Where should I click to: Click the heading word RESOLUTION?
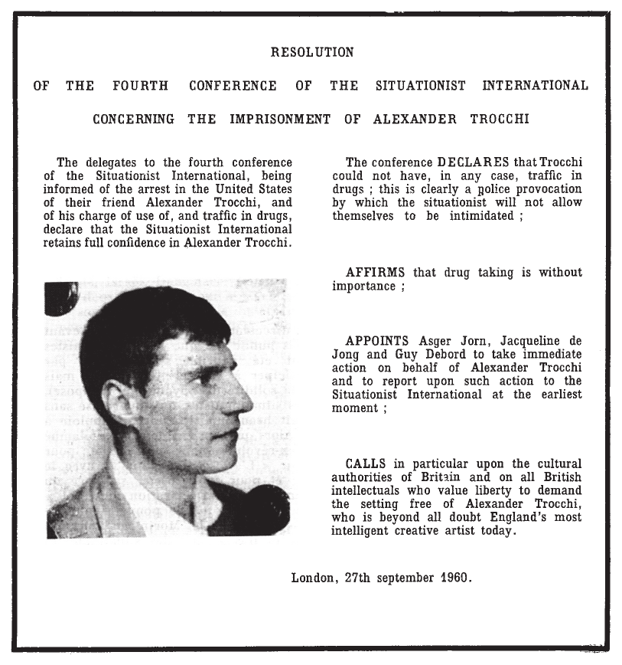click(312, 53)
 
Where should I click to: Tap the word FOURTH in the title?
click(140, 86)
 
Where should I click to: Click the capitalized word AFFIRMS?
click(376, 273)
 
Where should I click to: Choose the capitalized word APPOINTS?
click(379, 341)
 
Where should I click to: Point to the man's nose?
click(243, 398)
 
